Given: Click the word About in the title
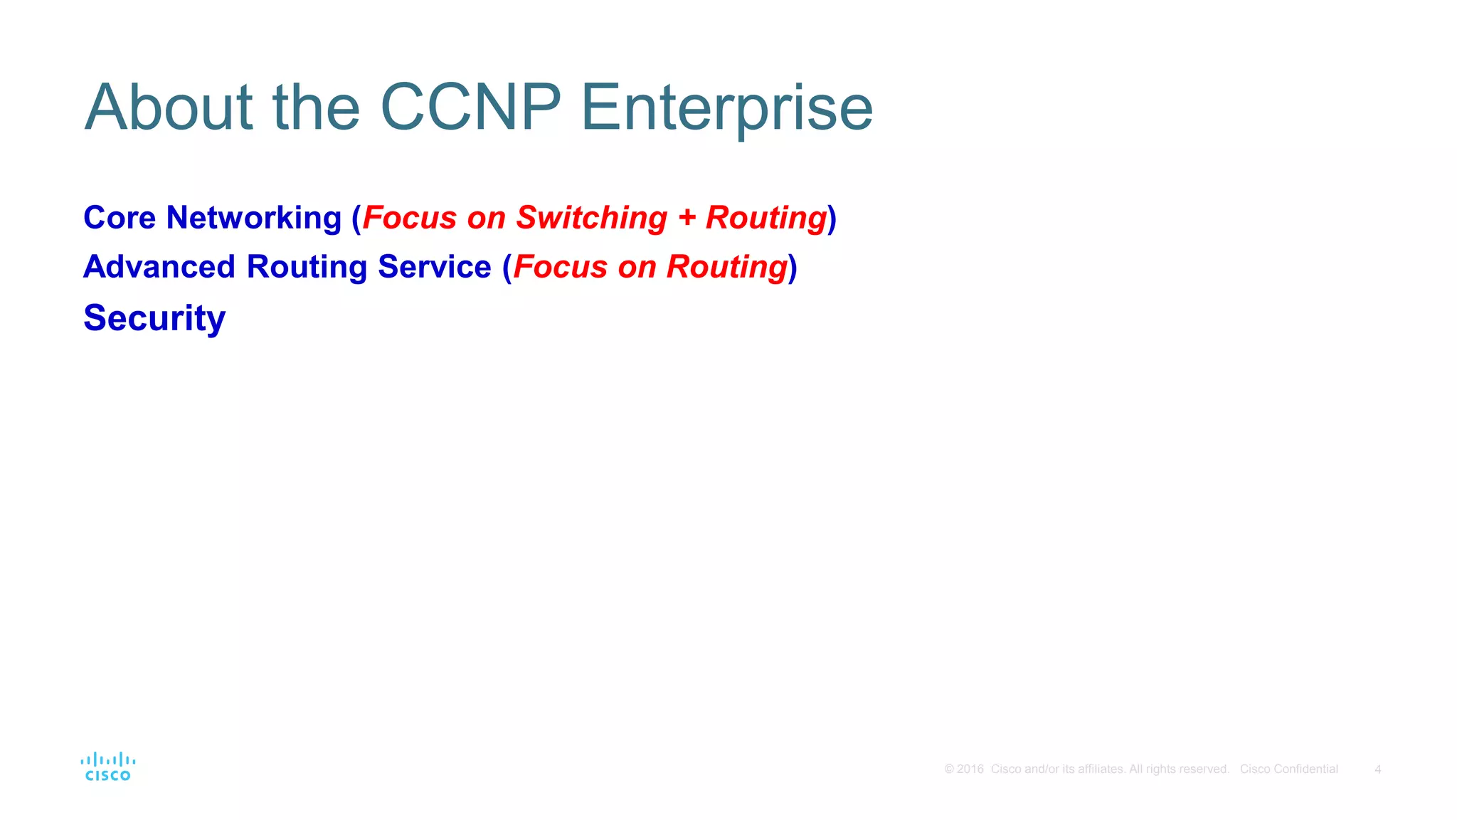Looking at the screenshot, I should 169,108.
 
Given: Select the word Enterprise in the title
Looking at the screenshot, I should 726,108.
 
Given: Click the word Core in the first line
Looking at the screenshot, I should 120,218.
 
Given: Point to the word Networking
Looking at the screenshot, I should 254,218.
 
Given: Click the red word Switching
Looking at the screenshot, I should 592,218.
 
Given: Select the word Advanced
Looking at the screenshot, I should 159,267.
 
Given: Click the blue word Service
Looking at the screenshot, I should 434,267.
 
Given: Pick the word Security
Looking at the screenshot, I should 154,318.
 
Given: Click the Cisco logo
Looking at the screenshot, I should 108,767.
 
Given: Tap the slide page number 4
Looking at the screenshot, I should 1377,769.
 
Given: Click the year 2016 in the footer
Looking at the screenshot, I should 970,769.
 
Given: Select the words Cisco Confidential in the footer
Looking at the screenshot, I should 1288,769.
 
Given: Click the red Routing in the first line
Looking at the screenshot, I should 765,218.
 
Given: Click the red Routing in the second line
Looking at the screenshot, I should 726,267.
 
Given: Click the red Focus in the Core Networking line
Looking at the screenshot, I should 410,218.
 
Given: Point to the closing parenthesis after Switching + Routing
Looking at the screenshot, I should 832,218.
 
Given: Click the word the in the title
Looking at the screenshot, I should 317,108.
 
